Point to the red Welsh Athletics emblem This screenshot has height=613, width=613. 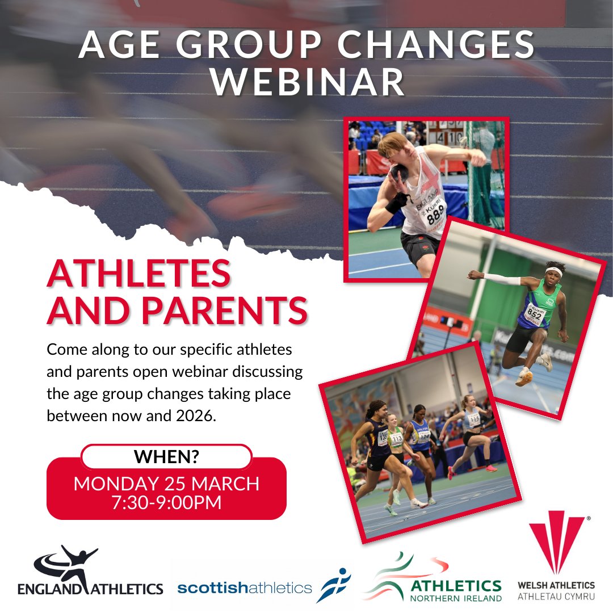point(556,544)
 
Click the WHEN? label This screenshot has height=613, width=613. point(166,457)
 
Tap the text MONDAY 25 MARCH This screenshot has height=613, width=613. point(166,484)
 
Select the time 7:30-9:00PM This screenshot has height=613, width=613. point(166,502)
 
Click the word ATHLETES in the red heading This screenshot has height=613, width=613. point(139,274)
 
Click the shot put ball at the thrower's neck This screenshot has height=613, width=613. point(401,171)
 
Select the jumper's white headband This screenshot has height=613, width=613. point(553,273)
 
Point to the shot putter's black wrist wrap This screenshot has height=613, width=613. point(396,203)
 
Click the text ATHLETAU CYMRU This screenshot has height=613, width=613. point(556,597)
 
